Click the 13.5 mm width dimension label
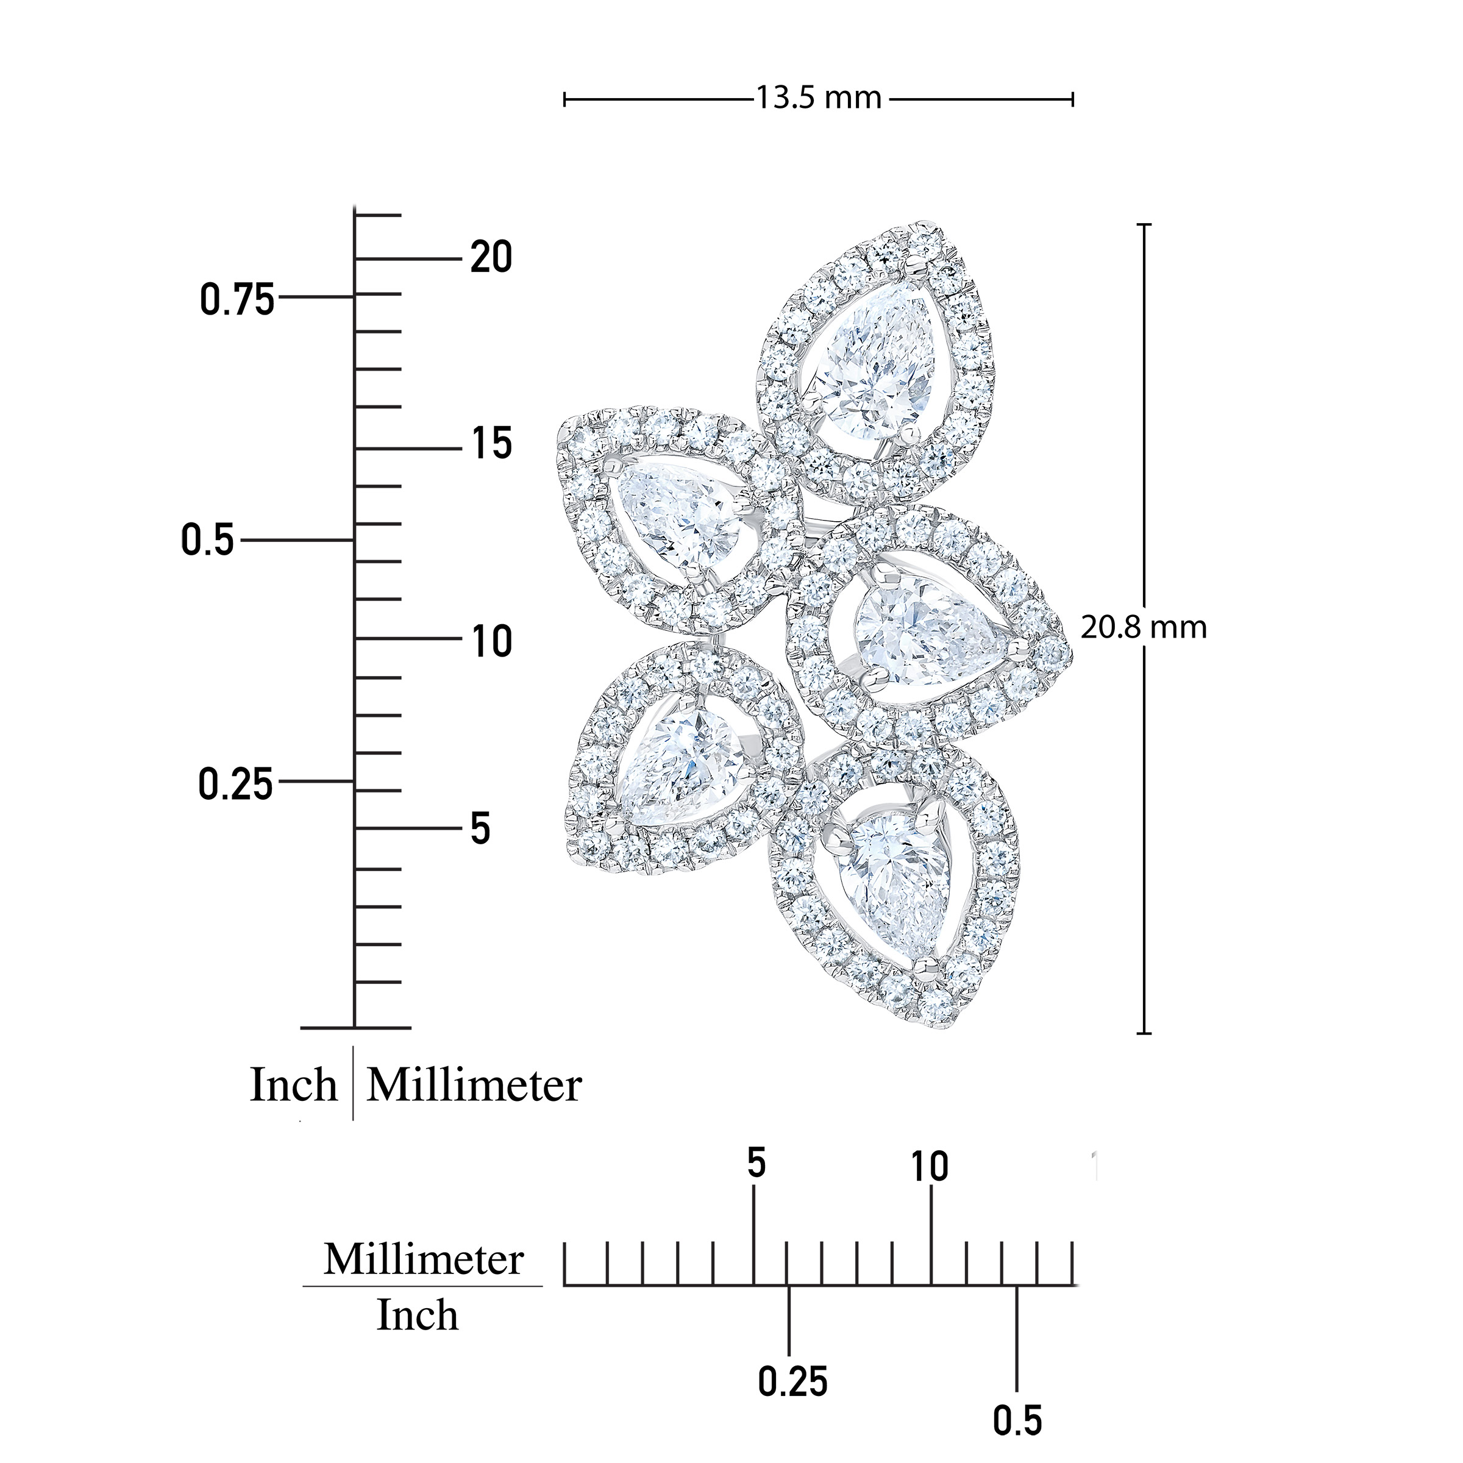pos(819,98)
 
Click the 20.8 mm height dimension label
pos(1144,627)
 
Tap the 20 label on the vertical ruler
pos(491,257)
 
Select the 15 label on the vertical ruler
pos(491,444)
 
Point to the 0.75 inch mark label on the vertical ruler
pos(237,300)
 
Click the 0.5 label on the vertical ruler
pos(207,540)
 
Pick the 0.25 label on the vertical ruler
pos(235,784)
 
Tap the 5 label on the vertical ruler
pos(481,828)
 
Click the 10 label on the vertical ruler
pos(491,642)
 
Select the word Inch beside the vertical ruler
pos(294,1085)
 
